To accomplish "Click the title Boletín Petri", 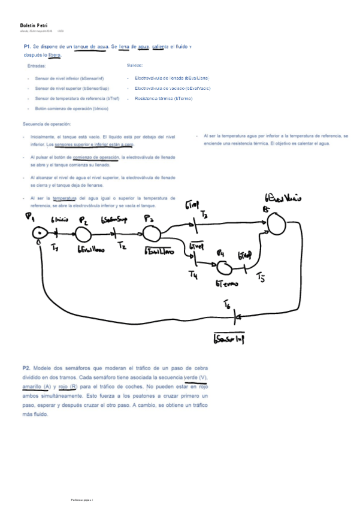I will coord(34,25).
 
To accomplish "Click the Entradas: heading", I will coord(37,66).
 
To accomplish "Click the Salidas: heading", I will coord(135,65).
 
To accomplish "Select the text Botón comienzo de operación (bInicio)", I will coord(71,108).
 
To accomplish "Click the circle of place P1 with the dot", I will coord(40,234).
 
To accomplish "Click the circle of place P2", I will coord(83,234).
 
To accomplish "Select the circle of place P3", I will coord(152,232).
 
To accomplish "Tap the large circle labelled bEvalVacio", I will coord(276,223).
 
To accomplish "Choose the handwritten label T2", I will coord(122,245).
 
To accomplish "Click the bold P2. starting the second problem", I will coord(26,368).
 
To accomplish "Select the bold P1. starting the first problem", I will coord(27,46).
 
